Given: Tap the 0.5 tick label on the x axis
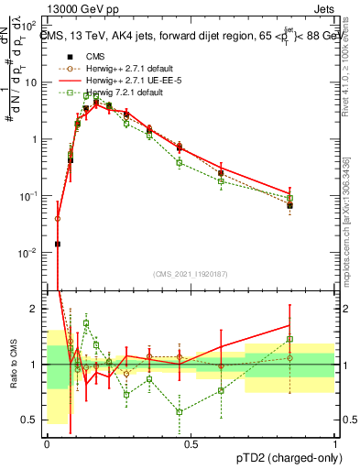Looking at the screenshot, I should [x=191, y=443].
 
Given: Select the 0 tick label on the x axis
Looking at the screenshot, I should [x=47, y=443].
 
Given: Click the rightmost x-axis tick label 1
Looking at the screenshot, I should [x=334, y=443].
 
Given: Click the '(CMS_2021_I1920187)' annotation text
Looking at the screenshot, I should [x=191, y=273].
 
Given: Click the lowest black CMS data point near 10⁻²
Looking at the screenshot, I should [x=58, y=244].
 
